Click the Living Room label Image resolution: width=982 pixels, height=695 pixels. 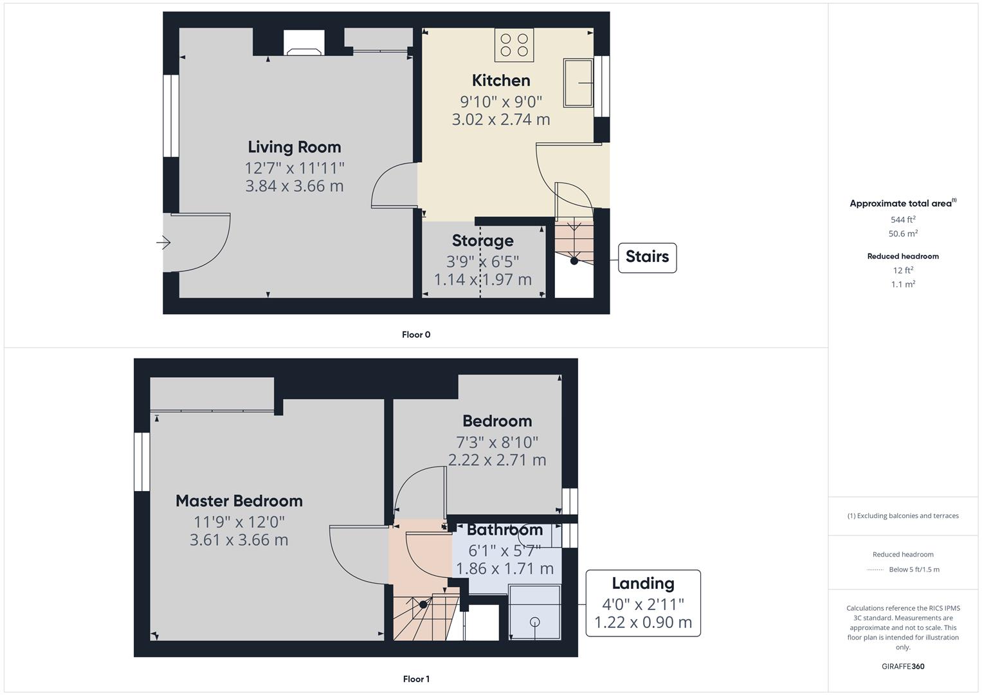(x=294, y=147)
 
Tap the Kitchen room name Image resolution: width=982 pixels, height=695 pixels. (x=500, y=80)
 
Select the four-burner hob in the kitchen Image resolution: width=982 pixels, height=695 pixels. (x=514, y=45)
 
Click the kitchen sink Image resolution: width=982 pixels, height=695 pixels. (x=579, y=83)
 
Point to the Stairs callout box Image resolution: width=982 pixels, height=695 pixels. (x=647, y=257)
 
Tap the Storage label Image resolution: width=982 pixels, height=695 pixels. (x=483, y=241)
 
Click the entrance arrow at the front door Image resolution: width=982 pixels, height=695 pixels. (x=163, y=242)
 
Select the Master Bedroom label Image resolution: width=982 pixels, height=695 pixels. (x=239, y=501)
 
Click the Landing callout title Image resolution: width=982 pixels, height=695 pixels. (x=643, y=583)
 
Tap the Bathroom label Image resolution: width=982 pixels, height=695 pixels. (x=505, y=530)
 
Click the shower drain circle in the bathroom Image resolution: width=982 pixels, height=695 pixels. (x=535, y=622)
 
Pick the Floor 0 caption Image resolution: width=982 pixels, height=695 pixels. (x=416, y=335)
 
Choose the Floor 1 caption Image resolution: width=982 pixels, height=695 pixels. (x=416, y=679)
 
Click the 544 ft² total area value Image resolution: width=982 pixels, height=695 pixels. (x=903, y=219)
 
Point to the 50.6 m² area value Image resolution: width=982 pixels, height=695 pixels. (x=903, y=233)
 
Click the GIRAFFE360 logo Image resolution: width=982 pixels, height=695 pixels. (x=903, y=666)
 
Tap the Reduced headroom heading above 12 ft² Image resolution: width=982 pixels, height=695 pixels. (x=903, y=256)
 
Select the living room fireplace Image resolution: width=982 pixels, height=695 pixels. (x=304, y=42)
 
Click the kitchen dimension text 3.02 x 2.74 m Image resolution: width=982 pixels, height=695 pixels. (x=500, y=119)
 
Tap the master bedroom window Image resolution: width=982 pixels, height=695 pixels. (x=142, y=461)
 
